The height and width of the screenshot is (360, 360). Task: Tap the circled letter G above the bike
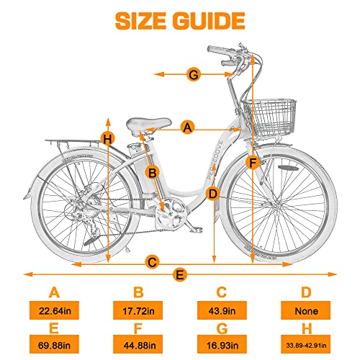click(193, 73)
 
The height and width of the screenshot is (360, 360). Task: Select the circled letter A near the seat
click(188, 127)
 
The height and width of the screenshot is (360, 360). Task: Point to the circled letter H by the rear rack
click(108, 138)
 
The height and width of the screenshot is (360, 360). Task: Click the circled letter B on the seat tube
click(152, 172)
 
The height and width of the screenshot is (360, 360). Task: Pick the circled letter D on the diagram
click(212, 193)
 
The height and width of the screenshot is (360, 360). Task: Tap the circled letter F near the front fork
click(252, 163)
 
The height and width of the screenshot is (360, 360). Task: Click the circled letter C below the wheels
click(151, 262)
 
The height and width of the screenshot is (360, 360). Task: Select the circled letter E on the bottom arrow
click(180, 274)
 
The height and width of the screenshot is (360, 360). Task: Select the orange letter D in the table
click(307, 293)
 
